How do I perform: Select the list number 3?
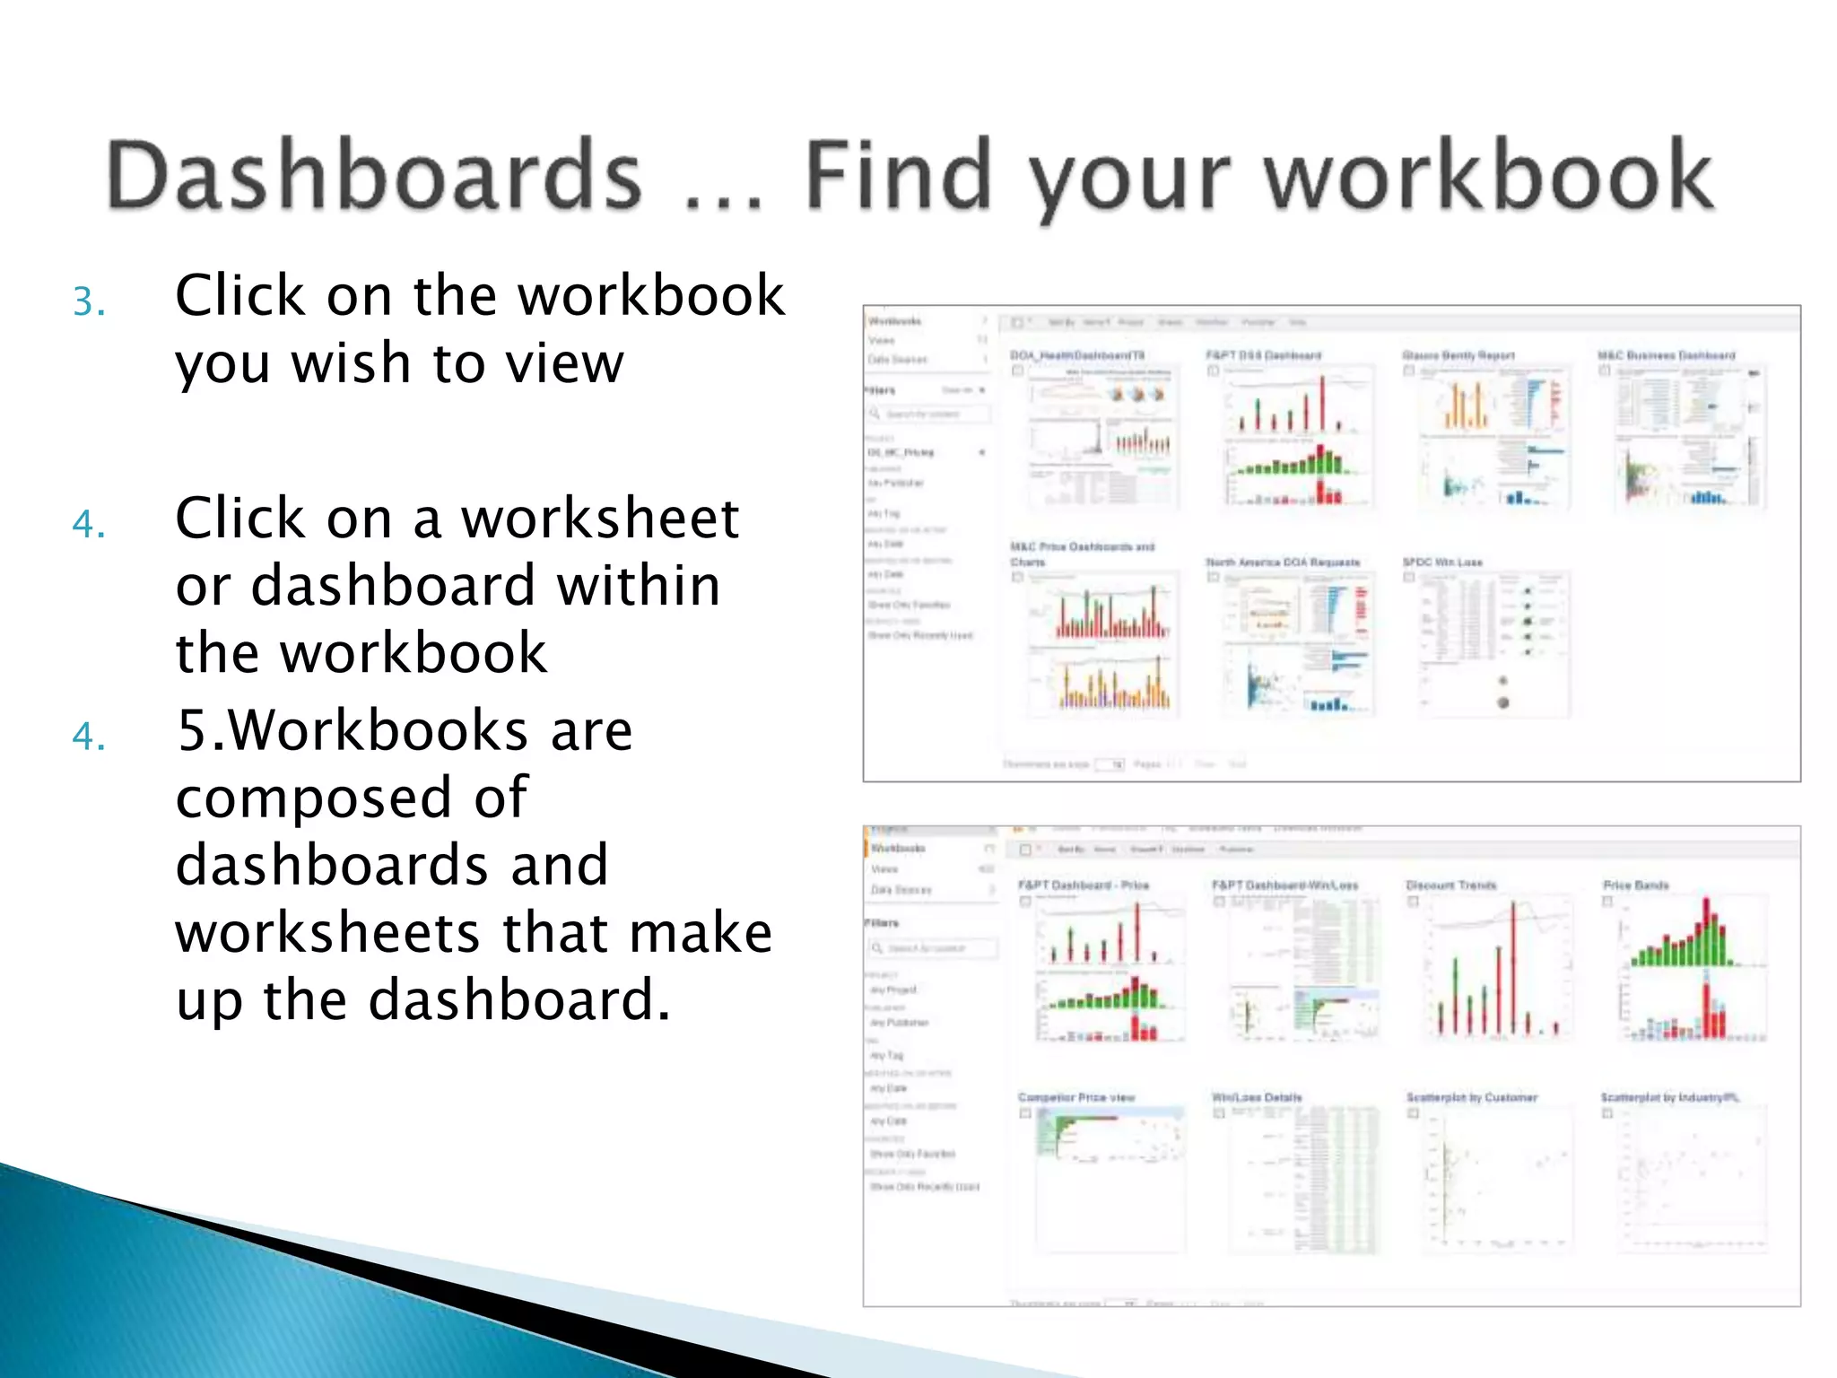(89, 301)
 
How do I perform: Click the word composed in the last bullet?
(351, 798)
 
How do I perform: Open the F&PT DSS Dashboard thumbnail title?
(1263, 356)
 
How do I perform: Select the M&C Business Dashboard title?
(1666, 356)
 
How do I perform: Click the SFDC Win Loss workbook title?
(1441, 563)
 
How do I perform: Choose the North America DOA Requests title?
(1283, 563)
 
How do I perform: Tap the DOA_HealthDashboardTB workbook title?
(1076, 356)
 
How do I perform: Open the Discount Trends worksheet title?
(1450, 885)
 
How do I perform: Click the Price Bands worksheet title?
(1635, 885)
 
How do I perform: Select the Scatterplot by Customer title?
(1471, 1097)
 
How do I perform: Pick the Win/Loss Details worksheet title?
(1256, 1097)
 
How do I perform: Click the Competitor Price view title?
(1075, 1097)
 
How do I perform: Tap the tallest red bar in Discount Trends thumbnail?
(1513, 969)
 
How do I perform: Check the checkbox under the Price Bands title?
(1607, 902)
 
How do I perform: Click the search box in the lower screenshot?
(933, 948)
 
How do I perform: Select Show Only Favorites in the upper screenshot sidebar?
(908, 605)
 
